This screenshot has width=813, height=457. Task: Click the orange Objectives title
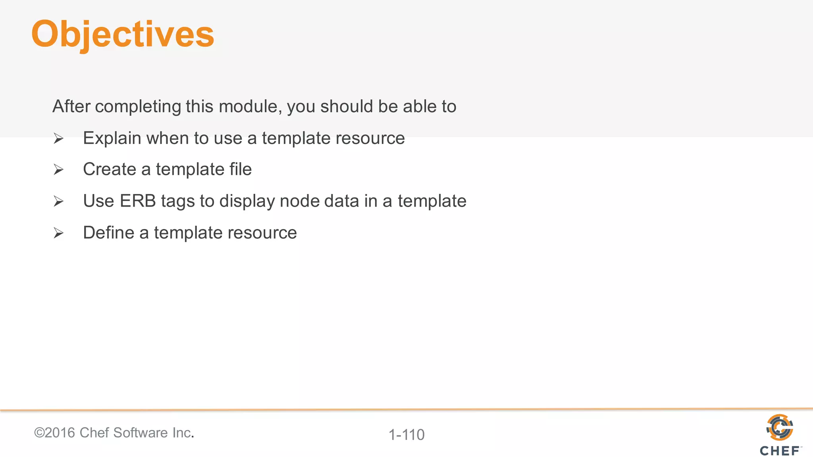click(123, 35)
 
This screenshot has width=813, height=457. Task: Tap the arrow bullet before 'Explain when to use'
click(58, 138)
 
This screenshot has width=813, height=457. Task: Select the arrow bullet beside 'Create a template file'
click(58, 170)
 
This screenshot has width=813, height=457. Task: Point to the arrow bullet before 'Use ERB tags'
click(58, 202)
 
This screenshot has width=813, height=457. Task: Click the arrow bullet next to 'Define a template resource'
click(58, 233)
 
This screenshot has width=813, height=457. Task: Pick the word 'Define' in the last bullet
click(108, 232)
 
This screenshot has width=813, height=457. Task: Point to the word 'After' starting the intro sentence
click(71, 106)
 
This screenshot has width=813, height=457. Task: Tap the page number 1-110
click(406, 435)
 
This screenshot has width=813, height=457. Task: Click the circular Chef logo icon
click(780, 427)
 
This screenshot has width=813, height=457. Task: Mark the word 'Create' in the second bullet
click(109, 169)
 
